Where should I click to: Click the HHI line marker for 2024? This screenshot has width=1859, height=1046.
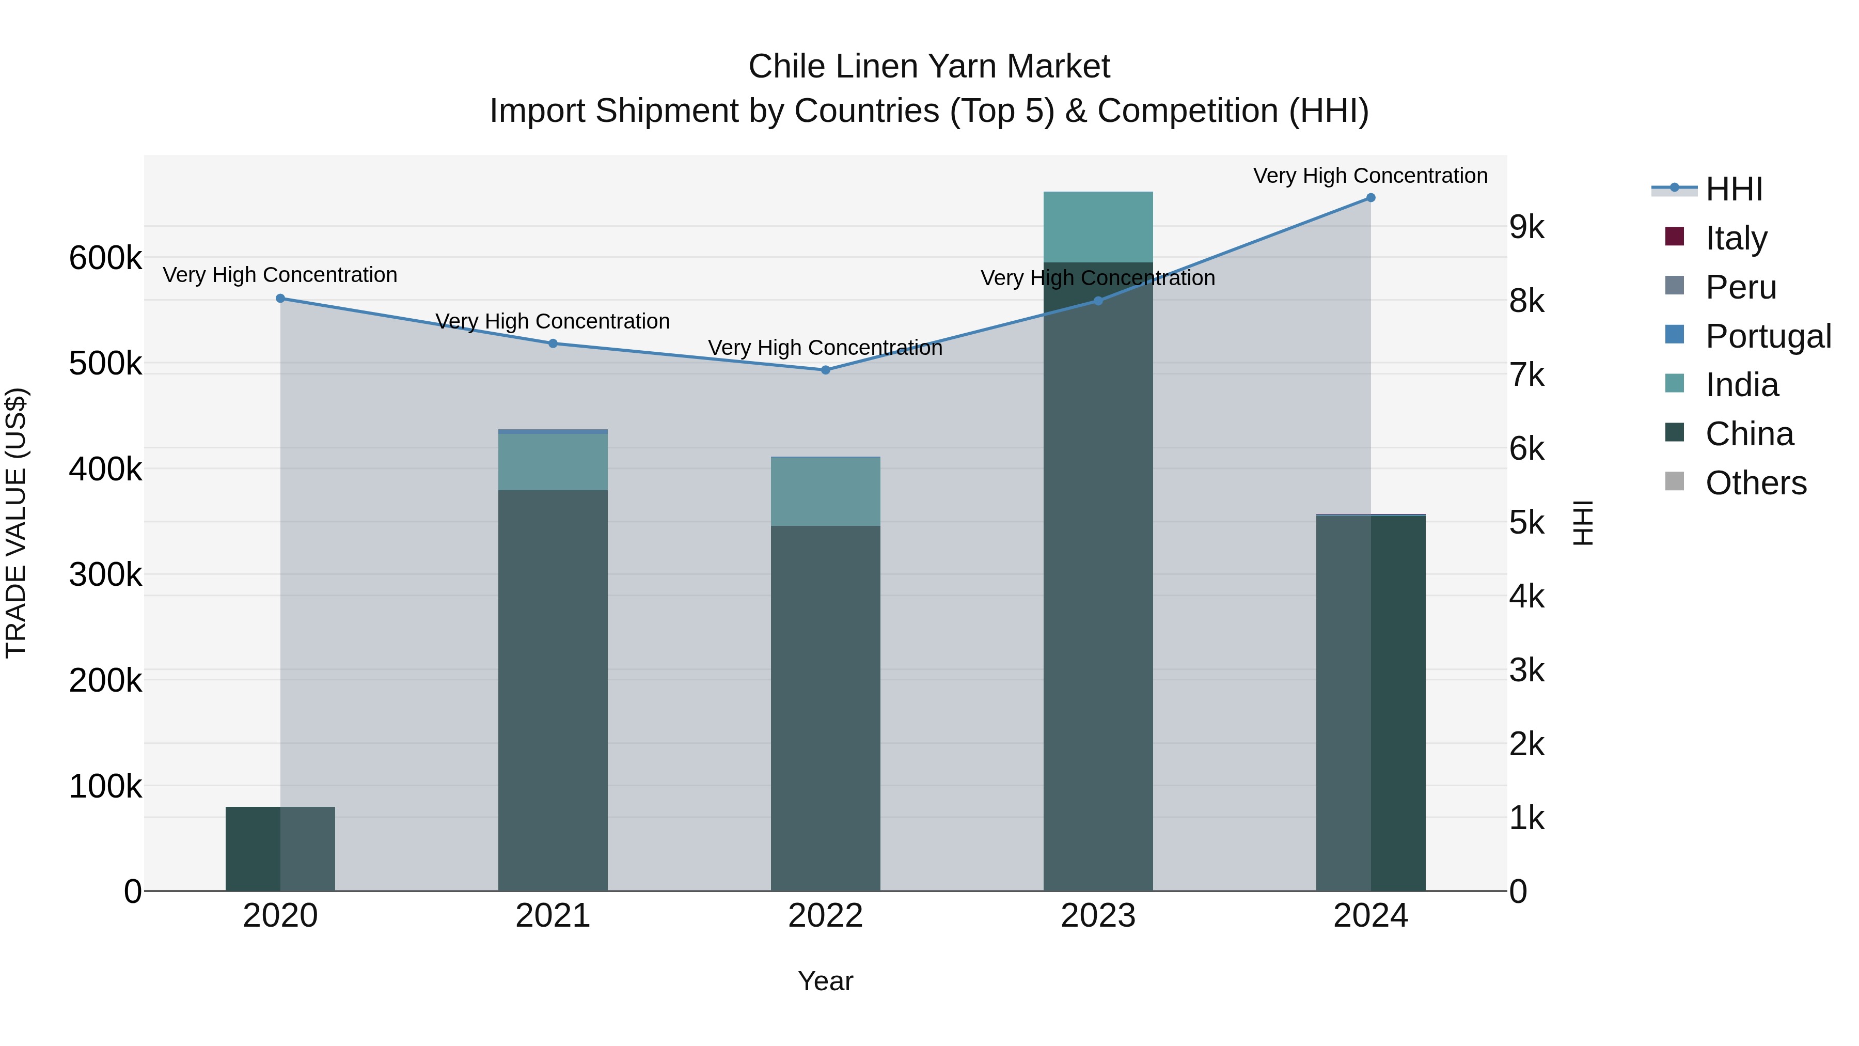[x=1370, y=198]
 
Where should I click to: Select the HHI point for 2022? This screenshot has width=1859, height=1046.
[x=826, y=370]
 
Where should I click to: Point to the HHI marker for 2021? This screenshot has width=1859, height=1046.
[x=553, y=344]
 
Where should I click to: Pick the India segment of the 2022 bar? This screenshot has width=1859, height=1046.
[x=826, y=491]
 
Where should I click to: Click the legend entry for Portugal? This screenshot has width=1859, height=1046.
[x=1768, y=336]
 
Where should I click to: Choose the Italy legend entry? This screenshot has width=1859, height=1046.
[x=1736, y=238]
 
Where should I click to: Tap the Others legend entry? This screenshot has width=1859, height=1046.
[x=1755, y=482]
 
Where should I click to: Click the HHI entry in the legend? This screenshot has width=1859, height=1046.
[x=1734, y=189]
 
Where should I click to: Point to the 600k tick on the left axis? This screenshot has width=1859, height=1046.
[x=105, y=258]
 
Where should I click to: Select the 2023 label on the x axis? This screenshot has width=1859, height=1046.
[x=1098, y=916]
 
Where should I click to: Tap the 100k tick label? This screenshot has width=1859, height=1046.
[x=105, y=786]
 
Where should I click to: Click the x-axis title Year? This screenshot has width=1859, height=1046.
[x=826, y=981]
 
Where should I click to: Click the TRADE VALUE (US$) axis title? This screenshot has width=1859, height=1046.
[x=16, y=523]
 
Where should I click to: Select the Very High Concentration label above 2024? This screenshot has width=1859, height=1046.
[x=1370, y=176]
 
